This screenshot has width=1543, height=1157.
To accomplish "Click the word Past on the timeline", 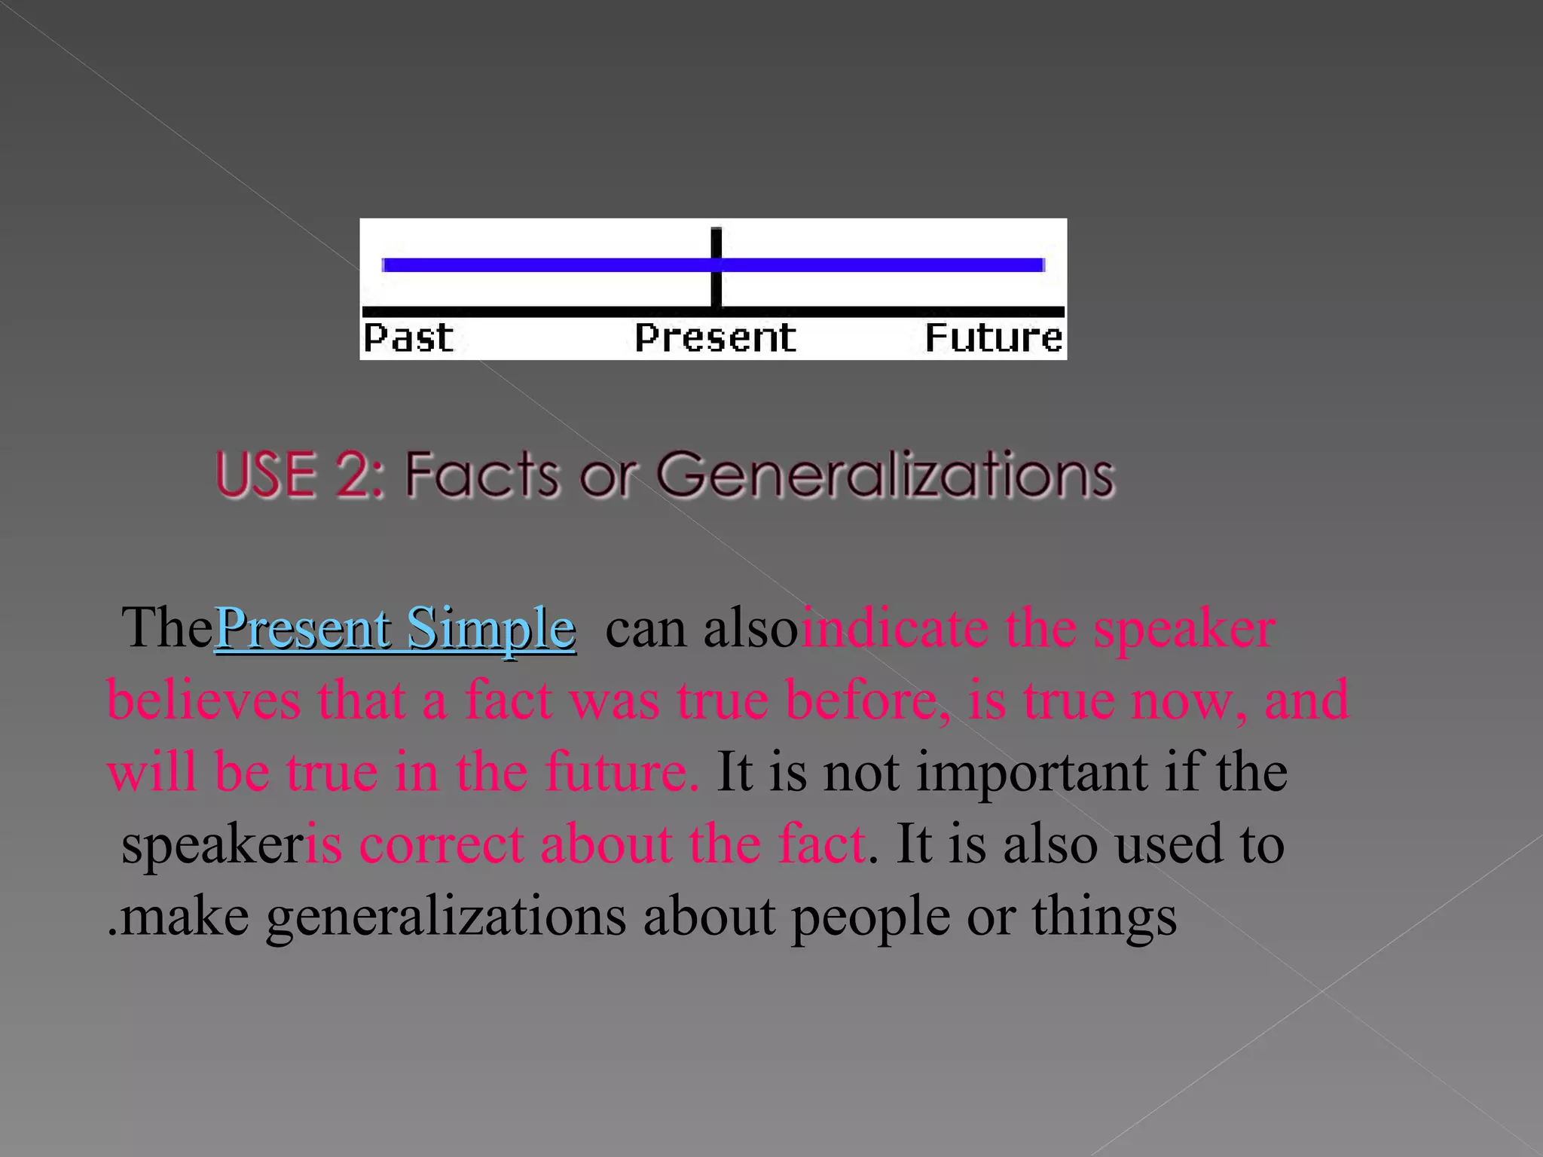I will (x=408, y=337).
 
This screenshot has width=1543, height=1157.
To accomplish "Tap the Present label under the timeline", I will (x=715, y=337).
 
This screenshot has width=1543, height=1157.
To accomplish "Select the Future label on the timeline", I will (x=993, y=337).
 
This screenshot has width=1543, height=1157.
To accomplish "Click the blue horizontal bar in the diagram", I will (x=542, y=264).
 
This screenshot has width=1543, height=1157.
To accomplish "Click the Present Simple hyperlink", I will (x=395, y=628).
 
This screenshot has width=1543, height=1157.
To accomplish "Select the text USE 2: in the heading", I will (x=300, y=475).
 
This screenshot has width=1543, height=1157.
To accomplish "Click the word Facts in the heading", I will (x=482, y=475).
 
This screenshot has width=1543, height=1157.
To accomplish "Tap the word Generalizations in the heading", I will (x=885, y=475).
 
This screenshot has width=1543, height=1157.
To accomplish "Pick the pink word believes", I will (x=203, y=700).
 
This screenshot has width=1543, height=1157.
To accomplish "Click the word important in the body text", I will (x=1031, y=772).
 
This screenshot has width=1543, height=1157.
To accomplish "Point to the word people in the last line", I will (x=870, y=917).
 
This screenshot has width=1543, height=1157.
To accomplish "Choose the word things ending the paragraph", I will (x=1104, y=917).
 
